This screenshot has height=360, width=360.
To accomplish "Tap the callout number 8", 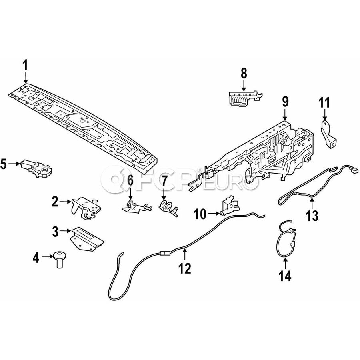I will [x=244, y=74].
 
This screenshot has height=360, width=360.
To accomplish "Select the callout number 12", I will [x=185, y=268].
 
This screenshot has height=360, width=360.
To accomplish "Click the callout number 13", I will [x=312, y=216].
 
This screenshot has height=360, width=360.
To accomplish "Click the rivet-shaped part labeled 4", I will [x=59, y=259].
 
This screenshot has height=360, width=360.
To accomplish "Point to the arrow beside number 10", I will [x=213, y=214].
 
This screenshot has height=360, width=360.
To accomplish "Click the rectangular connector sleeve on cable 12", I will [x=164, y=253].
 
